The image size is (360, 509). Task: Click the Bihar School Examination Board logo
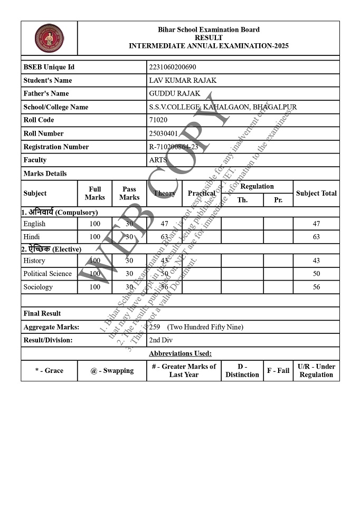[49, 38]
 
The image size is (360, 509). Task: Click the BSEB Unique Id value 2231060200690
[173, 67]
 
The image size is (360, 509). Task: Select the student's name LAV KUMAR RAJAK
[183, 80]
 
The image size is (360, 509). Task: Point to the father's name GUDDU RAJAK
[175, 93]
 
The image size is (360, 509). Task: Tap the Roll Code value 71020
[158, 120]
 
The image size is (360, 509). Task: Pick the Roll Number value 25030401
[164, 133]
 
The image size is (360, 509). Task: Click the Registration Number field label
[56, 147]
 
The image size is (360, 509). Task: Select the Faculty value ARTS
[158, 160]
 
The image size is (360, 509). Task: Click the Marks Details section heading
[45, 174]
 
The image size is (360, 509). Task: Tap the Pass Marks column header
[129, 193]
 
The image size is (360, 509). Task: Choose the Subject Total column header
[316, 193]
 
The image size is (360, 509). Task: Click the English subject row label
[34, 224]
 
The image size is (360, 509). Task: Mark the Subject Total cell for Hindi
[316, 237]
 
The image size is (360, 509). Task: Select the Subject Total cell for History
[316, 261]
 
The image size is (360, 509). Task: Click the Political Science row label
[48, 274]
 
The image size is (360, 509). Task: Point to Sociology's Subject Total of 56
[316, 287]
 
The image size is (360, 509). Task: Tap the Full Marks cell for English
[95, 224]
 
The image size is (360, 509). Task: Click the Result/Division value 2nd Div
[161, 340]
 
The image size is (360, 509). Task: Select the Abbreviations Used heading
[180, 353]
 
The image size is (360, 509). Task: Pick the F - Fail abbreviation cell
[278, 370]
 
